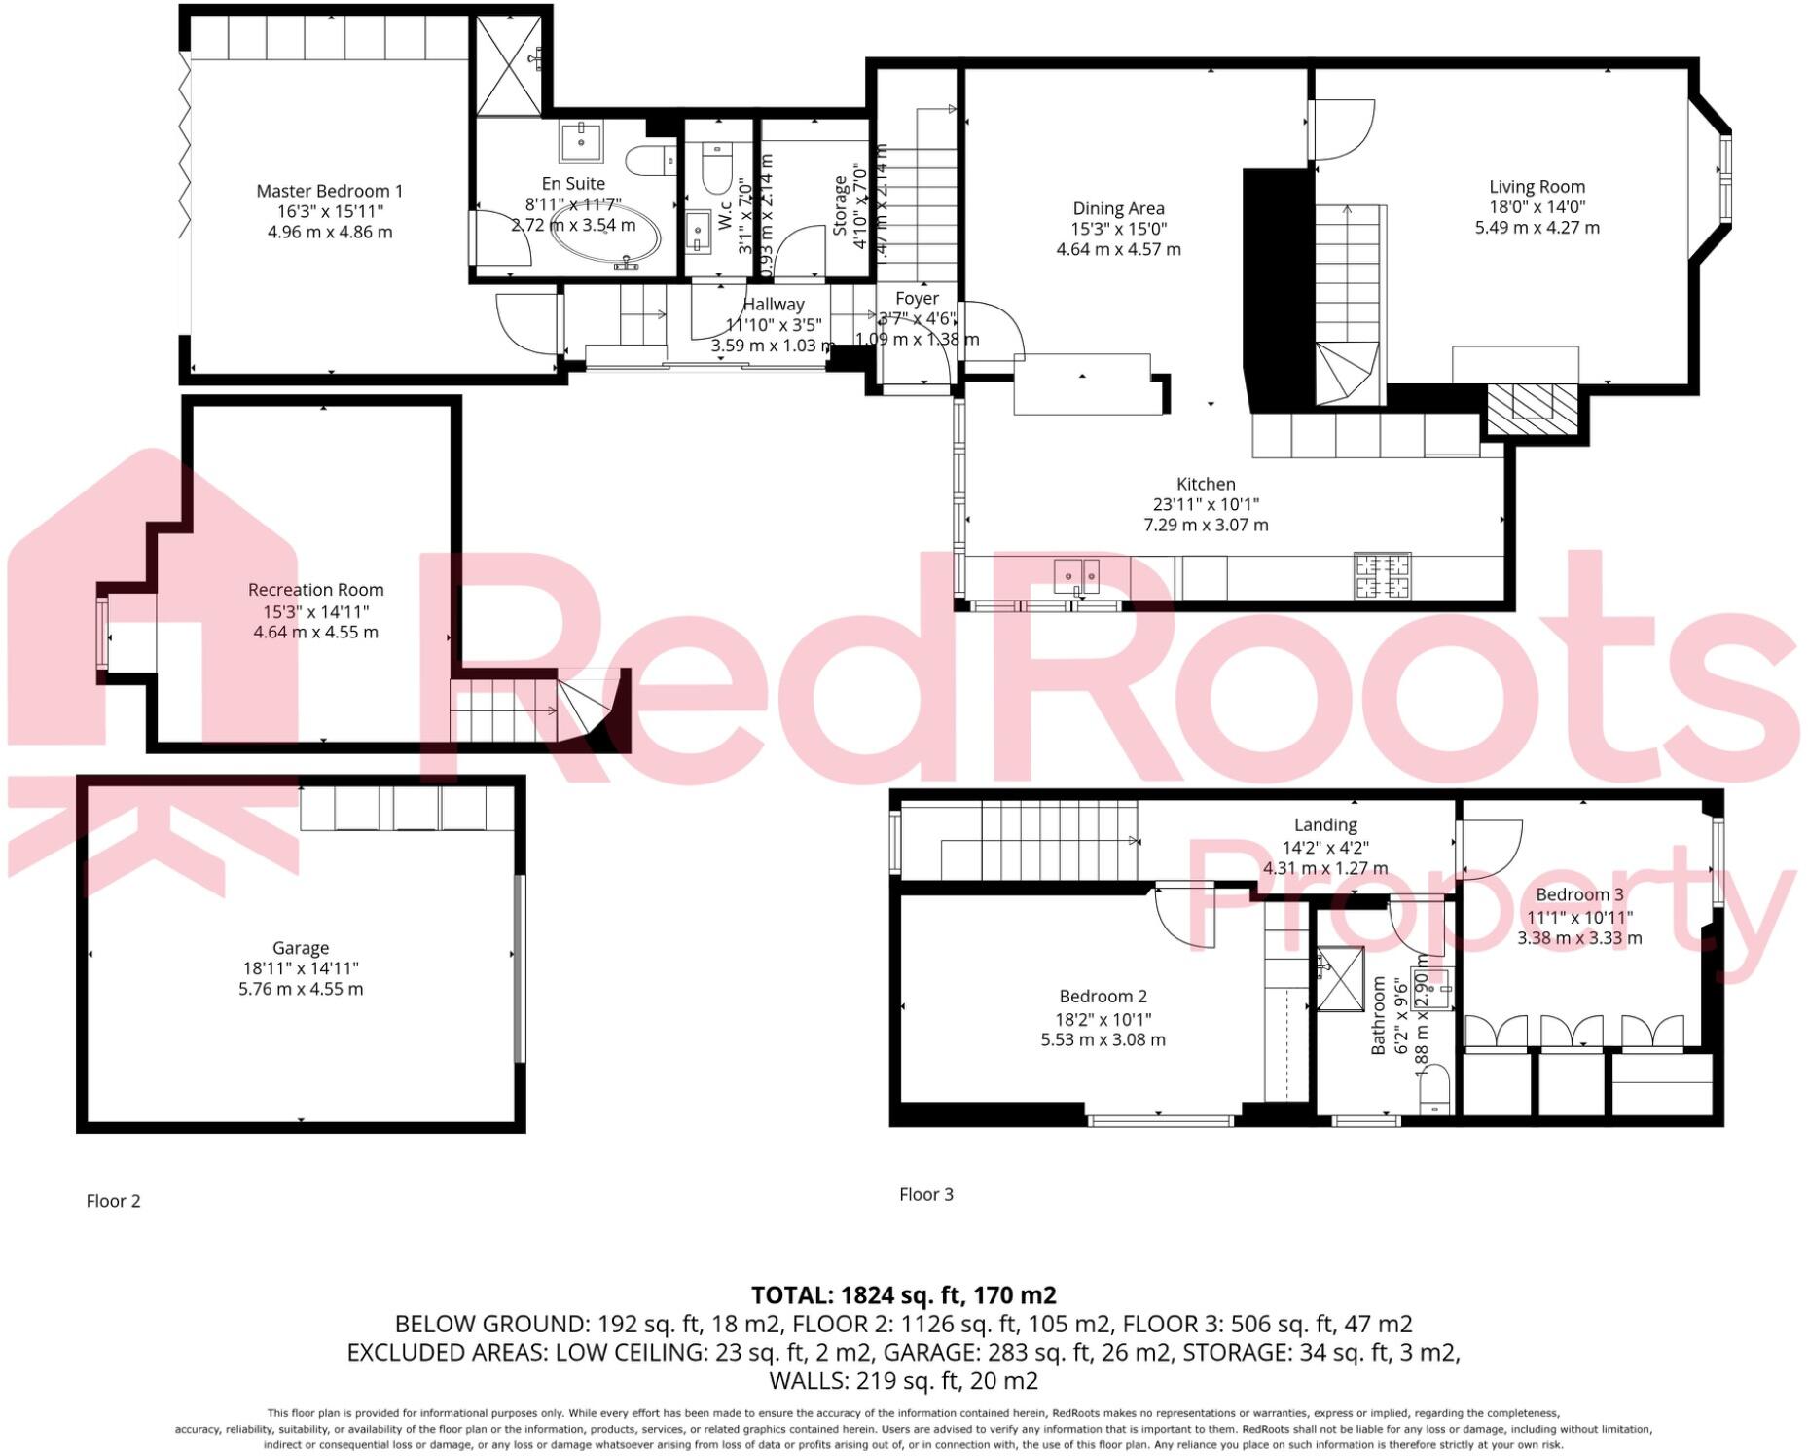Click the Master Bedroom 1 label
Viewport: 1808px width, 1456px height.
click(x=329, y=191)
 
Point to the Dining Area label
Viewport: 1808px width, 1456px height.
click(x=1118, y=208)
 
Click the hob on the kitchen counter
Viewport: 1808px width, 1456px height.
click(x=1383, y=575)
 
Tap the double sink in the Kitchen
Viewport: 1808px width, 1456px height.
click(x=1076, y=575)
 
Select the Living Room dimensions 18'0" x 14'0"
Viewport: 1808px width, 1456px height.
click(x=1537, y=206)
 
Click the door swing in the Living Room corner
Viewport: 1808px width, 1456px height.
click(x=1343, y=129)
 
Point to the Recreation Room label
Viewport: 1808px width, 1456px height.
click(x=315, y=590)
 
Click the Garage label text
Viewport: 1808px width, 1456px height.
click(x=301, y=947)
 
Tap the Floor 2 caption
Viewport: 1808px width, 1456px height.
click(x=113, y=1201)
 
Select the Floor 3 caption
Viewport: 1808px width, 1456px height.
click(x=925, y=1194)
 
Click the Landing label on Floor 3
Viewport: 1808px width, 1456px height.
click(x=1325, y=825)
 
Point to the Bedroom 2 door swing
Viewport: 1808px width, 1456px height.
click(x=1184, y=915)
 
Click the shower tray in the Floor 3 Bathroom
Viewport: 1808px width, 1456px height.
click(x=1340, y=979)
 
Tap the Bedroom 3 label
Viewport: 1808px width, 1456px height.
click(x=1579, y=894)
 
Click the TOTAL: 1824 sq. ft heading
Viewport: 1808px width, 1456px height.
click(x=903, y=1295)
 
